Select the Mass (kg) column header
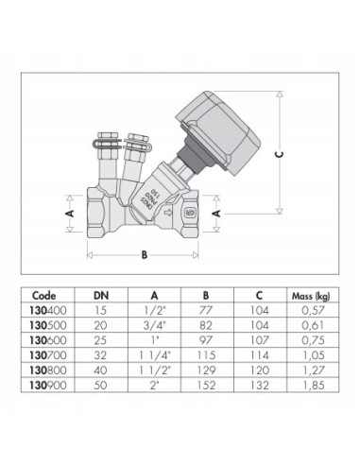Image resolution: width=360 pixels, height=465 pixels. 312,294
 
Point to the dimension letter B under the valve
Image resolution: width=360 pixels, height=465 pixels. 144,254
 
